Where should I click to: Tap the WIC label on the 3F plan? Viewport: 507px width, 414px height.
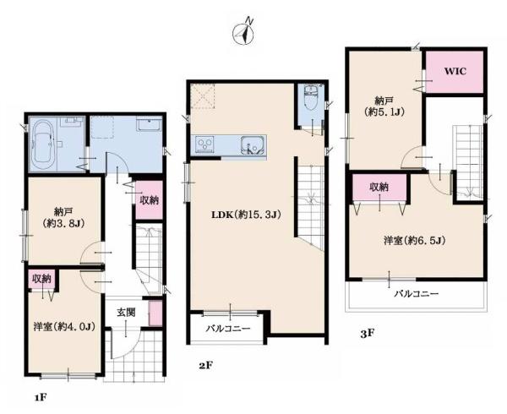tap(455, 71)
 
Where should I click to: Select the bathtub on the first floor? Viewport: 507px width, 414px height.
tap(43, 142)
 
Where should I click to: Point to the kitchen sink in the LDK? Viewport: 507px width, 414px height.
tap(252, 144)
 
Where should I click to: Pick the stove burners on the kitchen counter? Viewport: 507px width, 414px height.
tap(205, 144)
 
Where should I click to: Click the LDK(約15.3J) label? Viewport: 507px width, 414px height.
tap(246, 215)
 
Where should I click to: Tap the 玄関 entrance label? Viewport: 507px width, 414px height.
tap(126, 313)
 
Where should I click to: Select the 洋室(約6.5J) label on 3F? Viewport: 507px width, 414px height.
tap(415, 241)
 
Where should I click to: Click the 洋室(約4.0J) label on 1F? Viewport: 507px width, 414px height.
tap(64, 327)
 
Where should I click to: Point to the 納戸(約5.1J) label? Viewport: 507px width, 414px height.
tap(385, 106)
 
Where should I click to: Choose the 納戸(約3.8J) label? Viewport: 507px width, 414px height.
tap(63, 217)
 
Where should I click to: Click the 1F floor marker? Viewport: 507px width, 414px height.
tap(41, 397)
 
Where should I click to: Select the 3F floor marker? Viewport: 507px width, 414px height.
tap(368, 333)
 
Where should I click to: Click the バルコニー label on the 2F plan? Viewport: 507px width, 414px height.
tap(229, 329)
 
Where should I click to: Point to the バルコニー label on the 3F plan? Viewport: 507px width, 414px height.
tap(417, 294)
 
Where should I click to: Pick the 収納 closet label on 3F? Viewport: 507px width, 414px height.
tap(379, 187)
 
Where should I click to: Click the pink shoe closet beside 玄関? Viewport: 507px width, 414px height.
tap(155, 313)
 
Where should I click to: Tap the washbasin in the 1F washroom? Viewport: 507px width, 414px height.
tap(149, 123)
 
